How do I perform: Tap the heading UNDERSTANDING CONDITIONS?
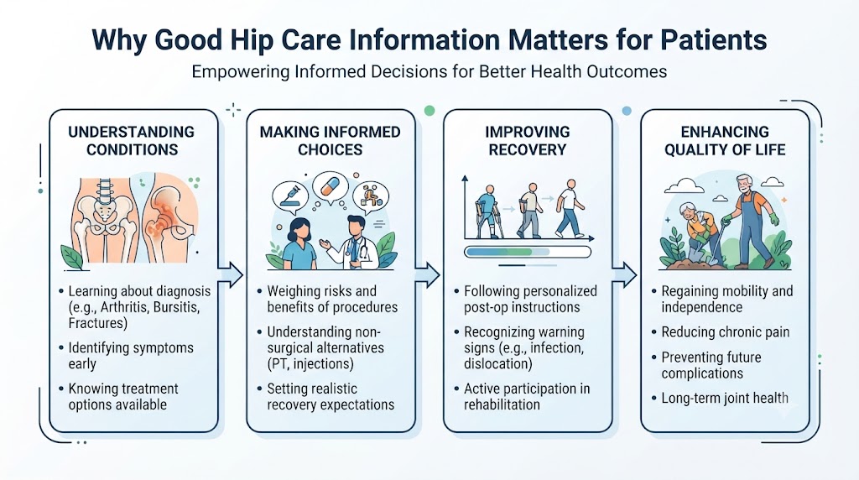point(132,141)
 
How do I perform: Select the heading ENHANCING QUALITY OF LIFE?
point(725,141)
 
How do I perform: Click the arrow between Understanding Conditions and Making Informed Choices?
point(231,274)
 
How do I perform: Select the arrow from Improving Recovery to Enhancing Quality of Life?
point(624,274)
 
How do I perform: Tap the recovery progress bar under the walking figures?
point(528,252)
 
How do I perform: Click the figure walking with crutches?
point(486,211)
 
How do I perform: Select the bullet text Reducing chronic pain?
point(726,332)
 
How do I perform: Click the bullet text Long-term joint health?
point(725,398)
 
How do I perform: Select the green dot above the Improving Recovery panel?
point(429,111)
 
